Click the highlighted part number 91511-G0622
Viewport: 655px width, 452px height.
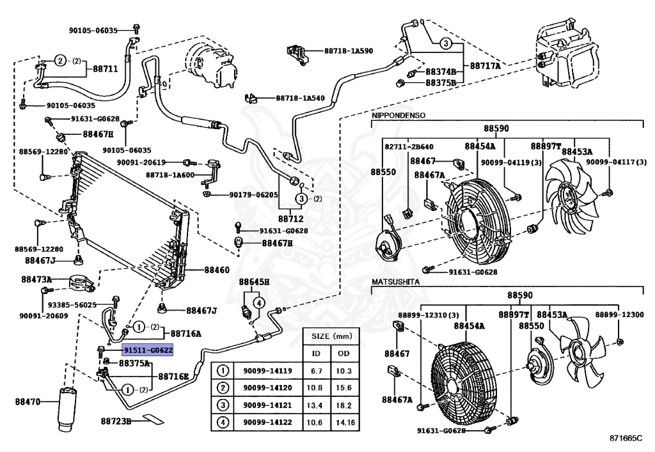coord(148,350)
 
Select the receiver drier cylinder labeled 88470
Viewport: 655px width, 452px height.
coord(67,409)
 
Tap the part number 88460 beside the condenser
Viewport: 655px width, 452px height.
coord(217,270)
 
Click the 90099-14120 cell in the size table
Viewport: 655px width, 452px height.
coord(267,387)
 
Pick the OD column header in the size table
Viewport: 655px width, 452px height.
coord(343,354)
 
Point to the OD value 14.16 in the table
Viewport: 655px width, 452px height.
coord(345,423)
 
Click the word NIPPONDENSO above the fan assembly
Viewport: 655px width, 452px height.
coord(399,115)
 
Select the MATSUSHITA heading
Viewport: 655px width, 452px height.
coord(395,282)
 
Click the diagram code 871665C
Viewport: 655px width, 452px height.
coord(626,438)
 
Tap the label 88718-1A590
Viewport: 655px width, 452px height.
coord(349,51)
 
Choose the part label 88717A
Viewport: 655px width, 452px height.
coord(485,65)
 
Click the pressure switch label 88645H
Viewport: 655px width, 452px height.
coord(254,282)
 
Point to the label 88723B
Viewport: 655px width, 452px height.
coord(116,421)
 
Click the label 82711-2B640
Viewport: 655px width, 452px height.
coord(409,146)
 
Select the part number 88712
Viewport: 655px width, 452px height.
coord(291,219)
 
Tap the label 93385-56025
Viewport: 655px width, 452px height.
coord(72,305)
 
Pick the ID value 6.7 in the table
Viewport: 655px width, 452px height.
coord(316,371)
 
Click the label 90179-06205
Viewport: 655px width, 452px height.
coord(253,194)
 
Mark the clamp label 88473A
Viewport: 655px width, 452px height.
coord(36,279)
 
